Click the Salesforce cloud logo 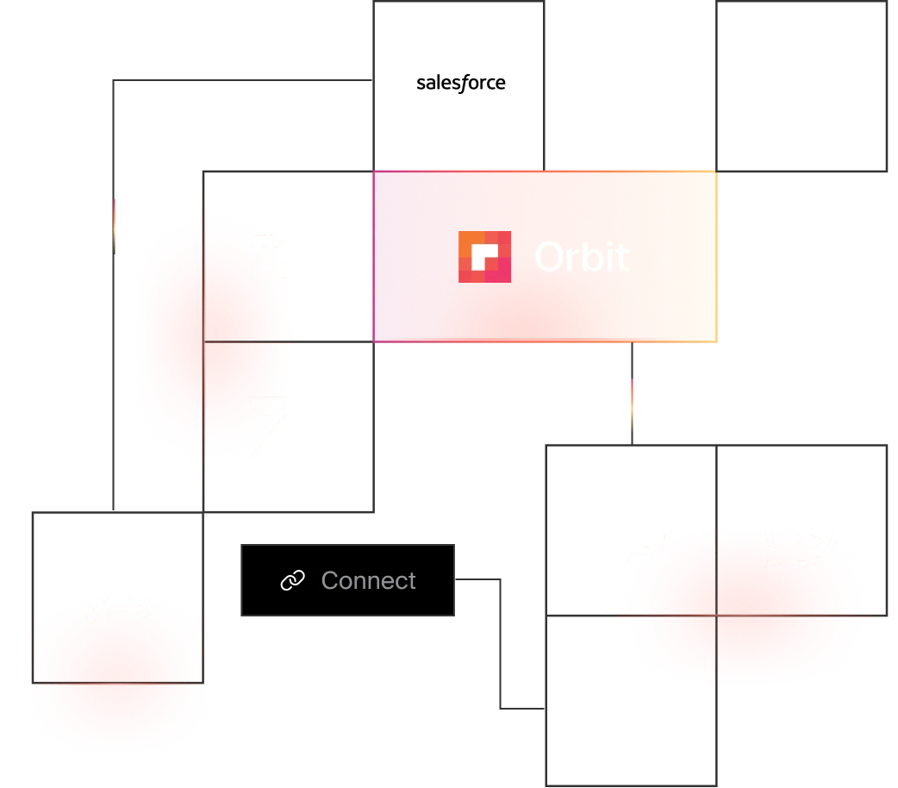[460, 83]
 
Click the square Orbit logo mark [484, 257]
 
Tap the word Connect [368, 581]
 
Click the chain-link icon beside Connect [293, 581]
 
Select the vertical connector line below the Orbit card [631, 392]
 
